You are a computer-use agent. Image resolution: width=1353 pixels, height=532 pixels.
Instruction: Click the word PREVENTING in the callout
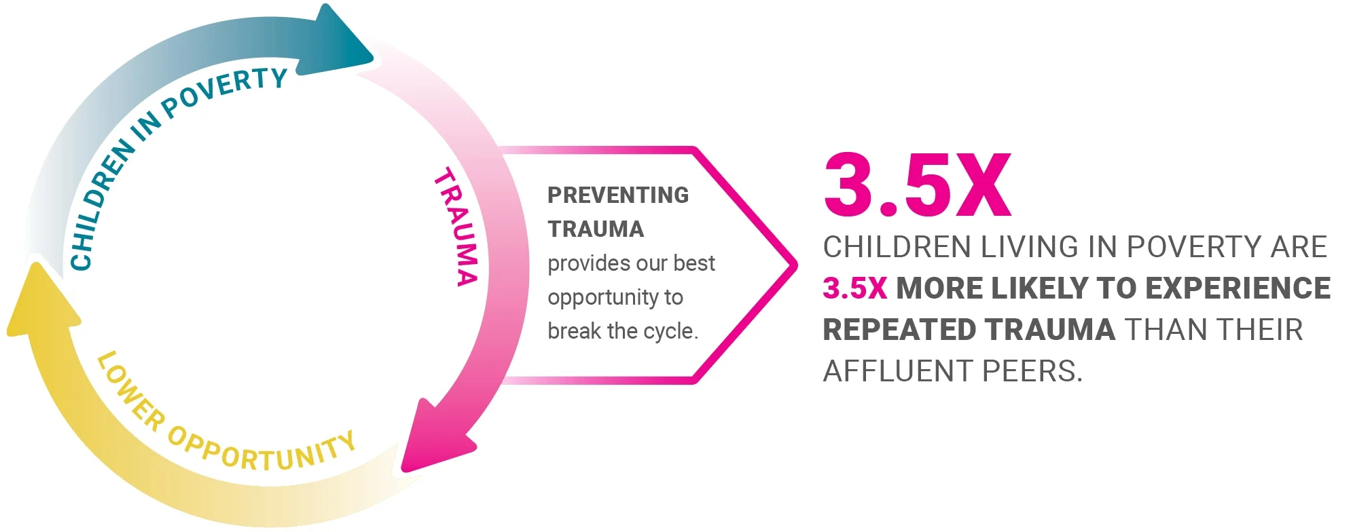pos(618,195)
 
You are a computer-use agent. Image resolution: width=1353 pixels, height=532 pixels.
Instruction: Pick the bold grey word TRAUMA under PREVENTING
pos(596,229)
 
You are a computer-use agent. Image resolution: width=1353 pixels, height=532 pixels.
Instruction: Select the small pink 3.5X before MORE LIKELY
pos(854,288)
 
